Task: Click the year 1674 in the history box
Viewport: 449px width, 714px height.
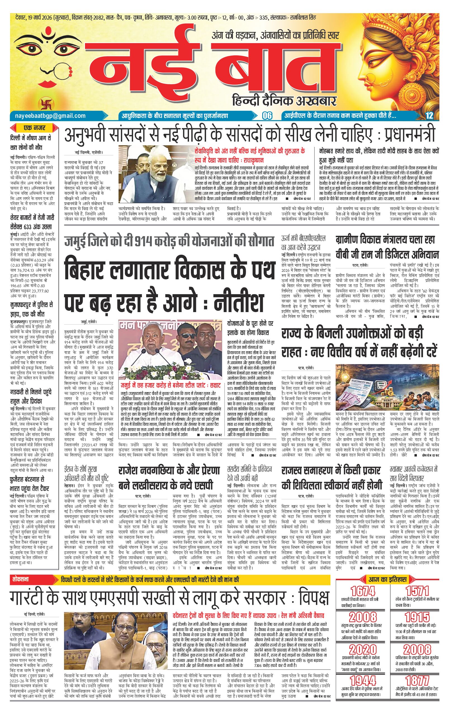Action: [x=363, y=583]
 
